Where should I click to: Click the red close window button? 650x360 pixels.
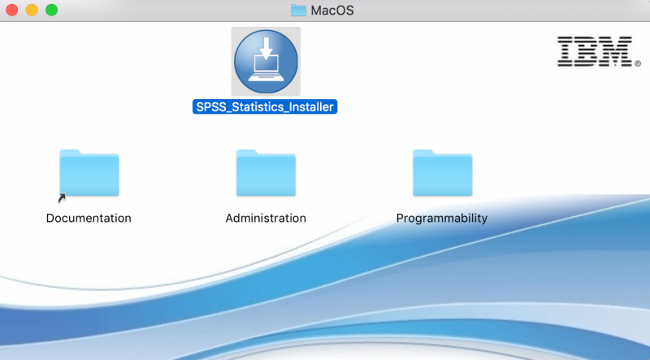point(11,10)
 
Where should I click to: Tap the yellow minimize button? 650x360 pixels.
point(32,10)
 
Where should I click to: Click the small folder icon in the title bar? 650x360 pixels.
point(298,11)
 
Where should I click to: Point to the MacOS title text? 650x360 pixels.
point(332,11)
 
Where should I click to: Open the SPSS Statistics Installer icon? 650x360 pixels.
point(266,62)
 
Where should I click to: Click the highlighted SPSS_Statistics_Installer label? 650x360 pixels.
point(265,107)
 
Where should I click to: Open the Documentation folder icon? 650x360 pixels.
point(89,172)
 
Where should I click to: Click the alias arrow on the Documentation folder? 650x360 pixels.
point(62,198)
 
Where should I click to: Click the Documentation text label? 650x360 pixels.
point(89,218)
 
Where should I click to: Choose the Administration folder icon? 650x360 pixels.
point(266,172)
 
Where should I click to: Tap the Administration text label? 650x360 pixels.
point(266,218)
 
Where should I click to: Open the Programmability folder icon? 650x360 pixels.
point(442,172)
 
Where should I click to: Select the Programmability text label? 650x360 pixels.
point(442,219)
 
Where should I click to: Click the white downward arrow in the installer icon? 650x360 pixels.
point(266,47)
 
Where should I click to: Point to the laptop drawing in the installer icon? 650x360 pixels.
point(266,68)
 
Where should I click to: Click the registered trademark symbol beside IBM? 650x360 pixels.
point(638,63)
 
